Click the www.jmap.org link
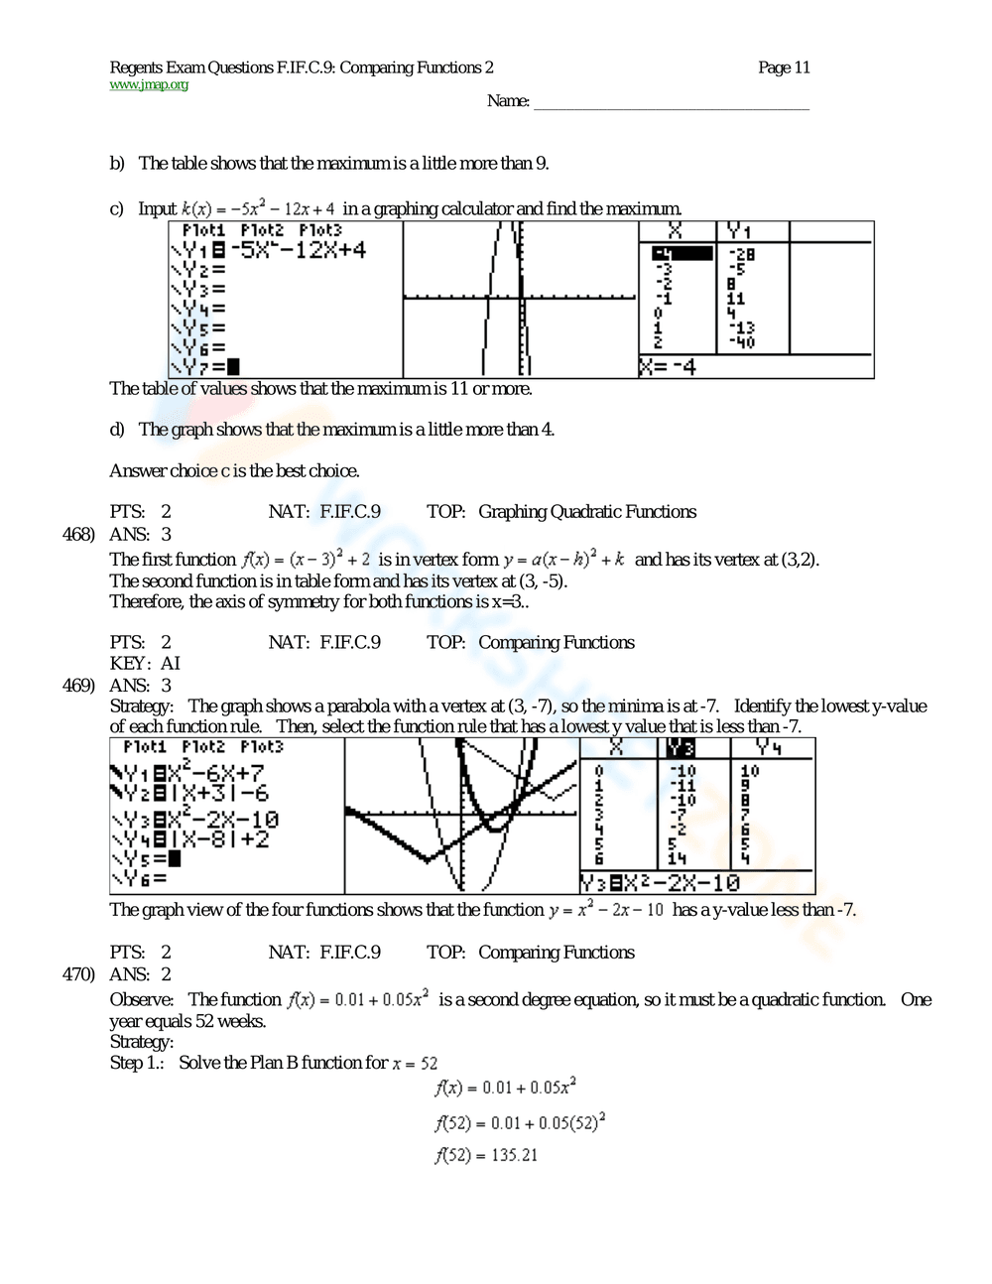[149, 85]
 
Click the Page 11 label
[784, 67]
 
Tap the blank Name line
[672, 103]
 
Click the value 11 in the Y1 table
[735, 298]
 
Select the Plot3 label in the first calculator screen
[320, 230]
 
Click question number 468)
[78, 534]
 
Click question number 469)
[78, 685]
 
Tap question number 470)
[78, 973]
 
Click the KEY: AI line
[145, 663]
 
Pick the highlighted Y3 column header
[682, 748]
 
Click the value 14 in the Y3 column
[678, 858]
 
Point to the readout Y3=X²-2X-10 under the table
[661, 883]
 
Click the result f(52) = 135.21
[486, 1155]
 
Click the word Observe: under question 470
[141, 999]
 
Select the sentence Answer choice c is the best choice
[234, 470]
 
